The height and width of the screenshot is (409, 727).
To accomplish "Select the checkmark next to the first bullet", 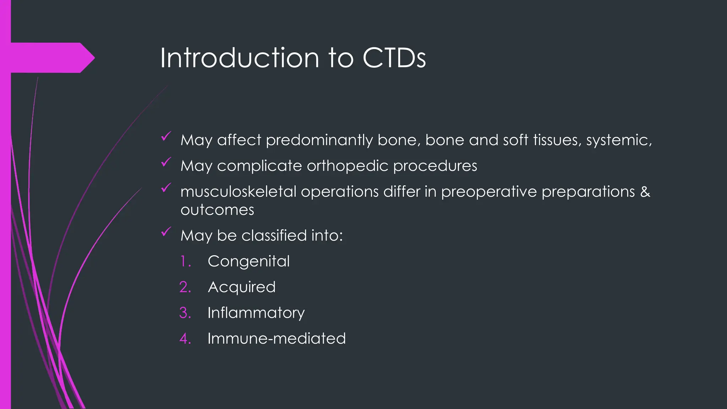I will coord(166,137).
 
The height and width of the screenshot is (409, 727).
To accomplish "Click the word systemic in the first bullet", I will coord(617,140).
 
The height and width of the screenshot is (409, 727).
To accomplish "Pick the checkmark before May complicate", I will coord(166,162).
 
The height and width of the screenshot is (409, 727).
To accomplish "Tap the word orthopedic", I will coord(347,166).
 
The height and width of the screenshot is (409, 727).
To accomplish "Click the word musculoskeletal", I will coord(238,192).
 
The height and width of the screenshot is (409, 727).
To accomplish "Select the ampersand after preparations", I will coord(645,192).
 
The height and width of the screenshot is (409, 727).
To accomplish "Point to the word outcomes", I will coord(217,210).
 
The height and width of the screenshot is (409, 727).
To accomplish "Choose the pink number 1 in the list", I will coord(185,261).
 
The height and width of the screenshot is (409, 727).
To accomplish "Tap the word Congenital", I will coord(248,261).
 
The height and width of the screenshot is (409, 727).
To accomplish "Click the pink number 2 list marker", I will coord(185,287).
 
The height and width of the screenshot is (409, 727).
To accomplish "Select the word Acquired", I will coord(241,287).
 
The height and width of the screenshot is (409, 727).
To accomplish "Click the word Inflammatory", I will coord(256,313).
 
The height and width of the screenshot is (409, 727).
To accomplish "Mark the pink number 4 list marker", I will coord(185,338).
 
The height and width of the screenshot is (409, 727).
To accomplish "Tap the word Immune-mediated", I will coord(277,338).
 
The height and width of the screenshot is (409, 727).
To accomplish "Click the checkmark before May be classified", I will coord(166,232).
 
